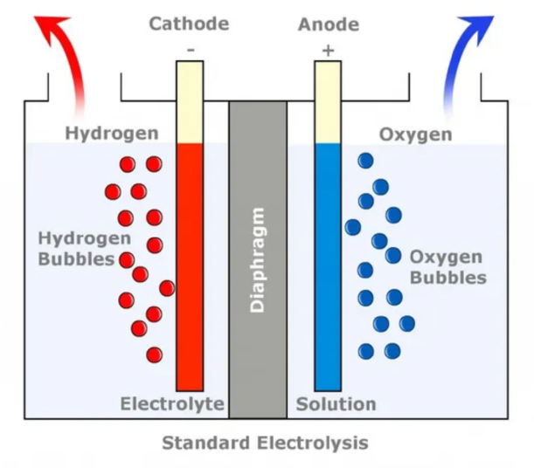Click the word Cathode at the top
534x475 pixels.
[x=189, y=24]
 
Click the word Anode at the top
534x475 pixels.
[x=327, y=24]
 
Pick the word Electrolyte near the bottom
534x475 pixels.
[x=172, y=404]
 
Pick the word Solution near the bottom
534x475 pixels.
[x=336, y=404]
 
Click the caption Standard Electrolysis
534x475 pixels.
[x=265, y=443]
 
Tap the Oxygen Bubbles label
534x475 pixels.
[x=447, y=267]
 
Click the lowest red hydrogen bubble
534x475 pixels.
[x=155, y=355]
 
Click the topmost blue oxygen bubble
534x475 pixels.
[x=365, y=160]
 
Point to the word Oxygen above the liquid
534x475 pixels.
[x=415, y=134]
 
